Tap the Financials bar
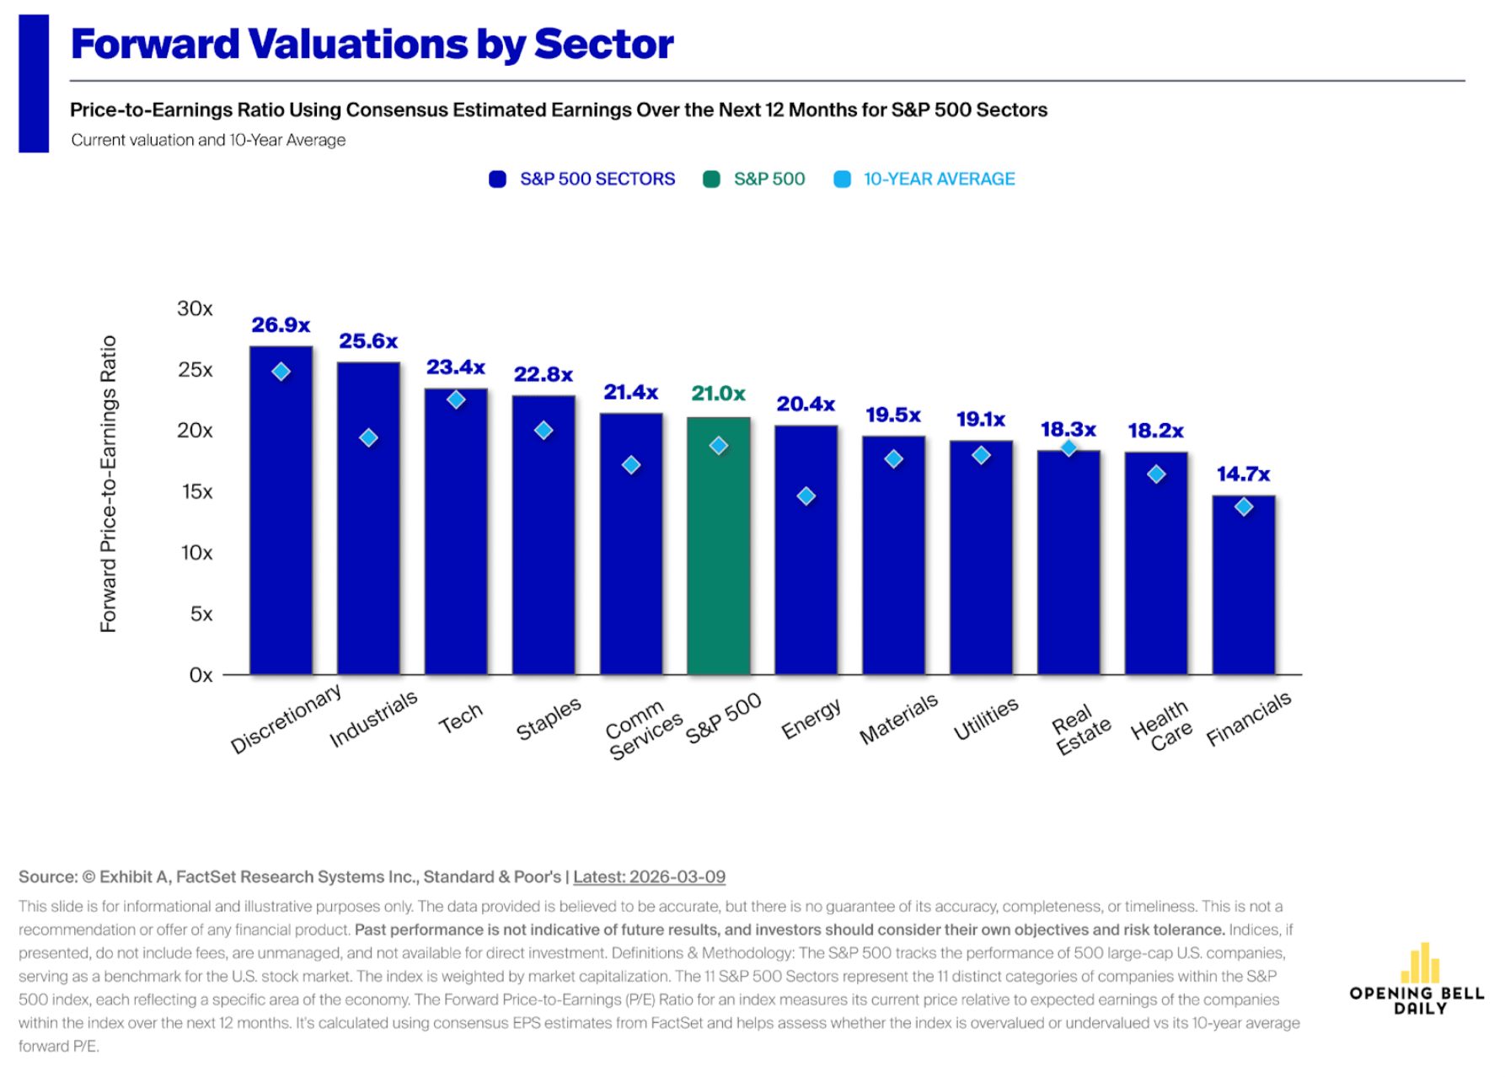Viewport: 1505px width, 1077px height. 1243,590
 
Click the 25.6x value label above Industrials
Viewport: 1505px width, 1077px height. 368,341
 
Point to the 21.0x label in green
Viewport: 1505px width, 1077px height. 718,394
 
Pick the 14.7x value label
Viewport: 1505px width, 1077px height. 1243,474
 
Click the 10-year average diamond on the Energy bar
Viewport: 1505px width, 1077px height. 806,496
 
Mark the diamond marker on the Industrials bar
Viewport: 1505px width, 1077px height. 368,438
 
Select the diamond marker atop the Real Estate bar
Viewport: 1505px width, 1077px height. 1068,448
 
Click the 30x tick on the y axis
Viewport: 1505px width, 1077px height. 195,308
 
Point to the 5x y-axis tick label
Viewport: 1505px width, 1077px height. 201,614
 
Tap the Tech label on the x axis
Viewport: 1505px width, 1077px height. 461,719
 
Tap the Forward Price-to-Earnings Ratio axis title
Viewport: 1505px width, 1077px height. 109,484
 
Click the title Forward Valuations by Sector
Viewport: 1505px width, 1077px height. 372,44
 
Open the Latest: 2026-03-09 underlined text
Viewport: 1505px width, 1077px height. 649,876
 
